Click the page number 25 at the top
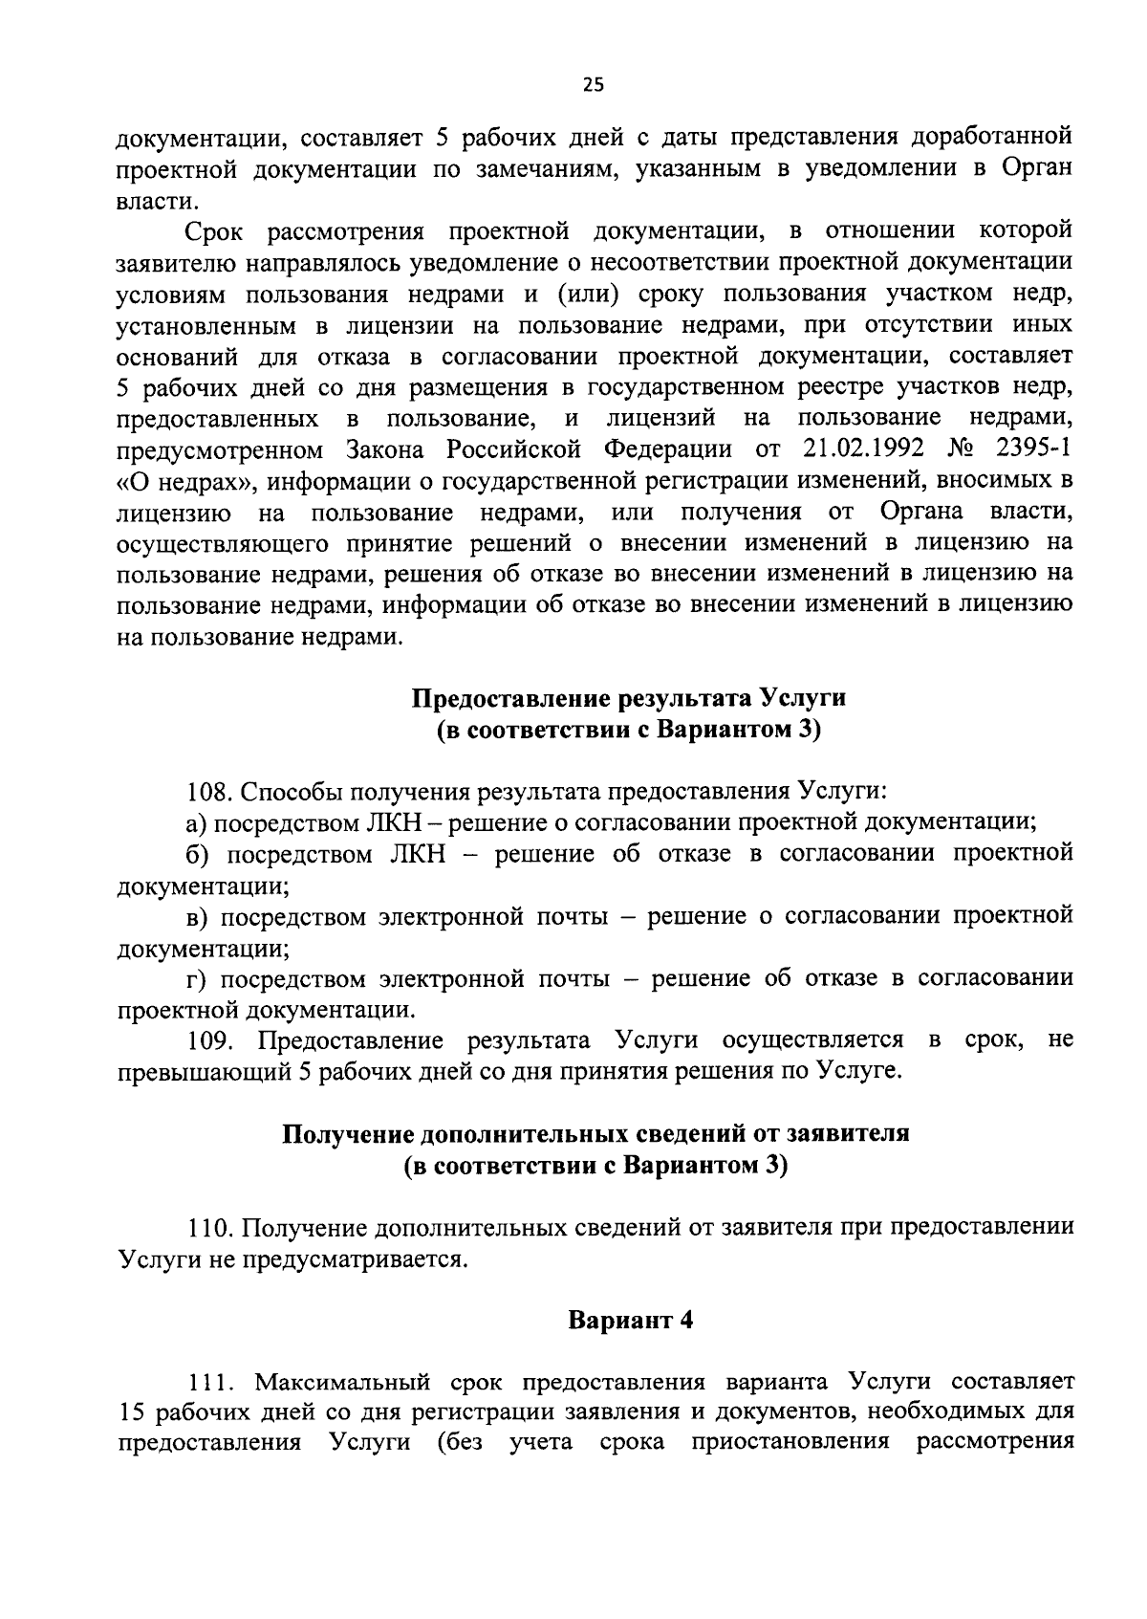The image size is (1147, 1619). click(x=593, y=85)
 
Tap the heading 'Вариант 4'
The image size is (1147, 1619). click(x=630, y=1321)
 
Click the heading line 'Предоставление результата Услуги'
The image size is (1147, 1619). click(x=629, y=698)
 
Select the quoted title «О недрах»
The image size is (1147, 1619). click(x=179, y=481)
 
